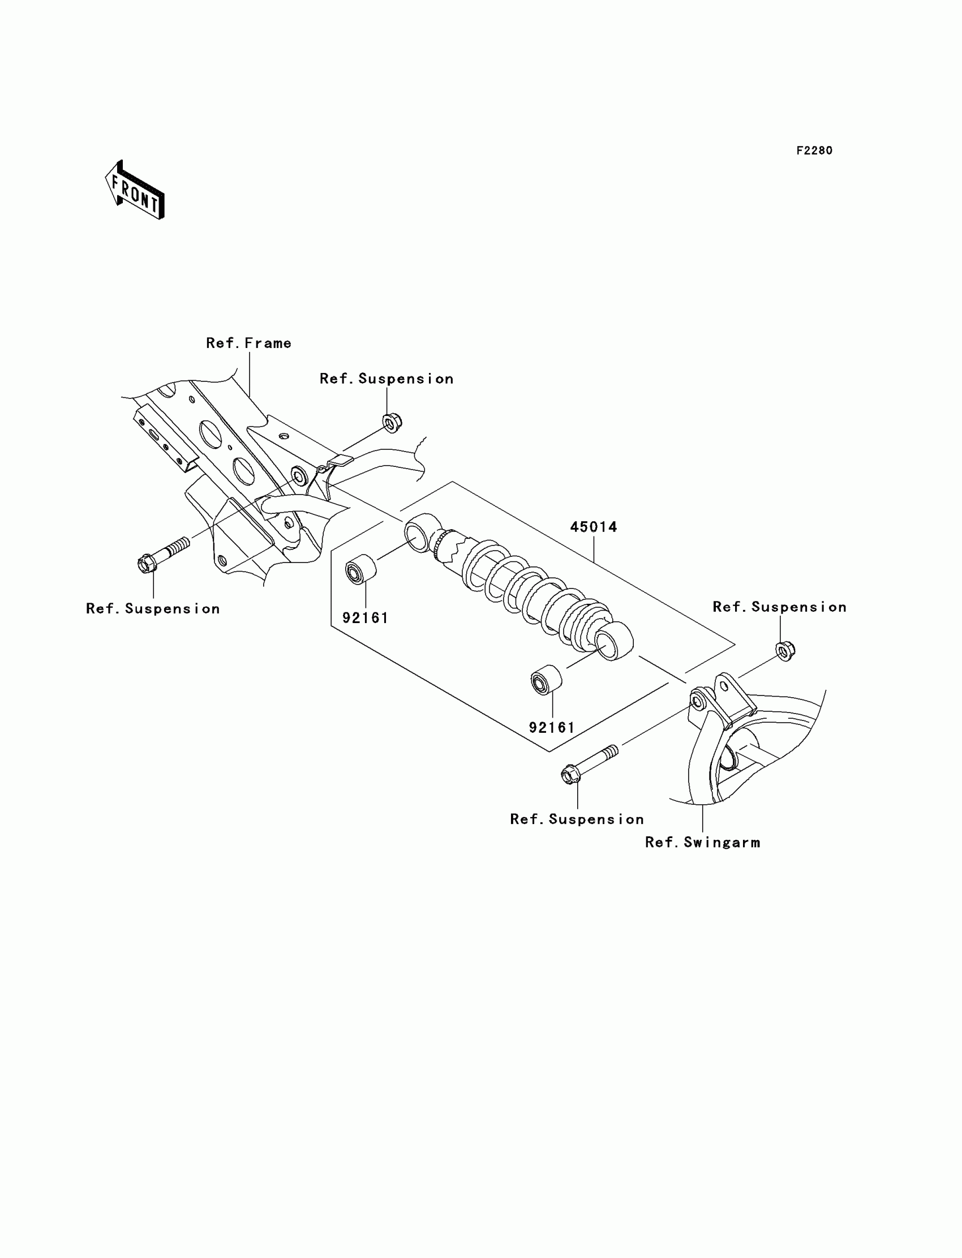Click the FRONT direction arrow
pos(135,191)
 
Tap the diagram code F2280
pos(814,151)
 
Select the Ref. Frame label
pos(248,343)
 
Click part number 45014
pos(593,527)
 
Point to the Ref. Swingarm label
pos(703,842)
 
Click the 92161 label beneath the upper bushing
pos(366,618)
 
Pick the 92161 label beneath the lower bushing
pos(551,727)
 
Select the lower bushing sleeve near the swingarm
pos(546,680)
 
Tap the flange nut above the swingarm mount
pos(785,651)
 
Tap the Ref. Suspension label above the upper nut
pos(386,379)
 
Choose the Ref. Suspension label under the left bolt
pos(153,609)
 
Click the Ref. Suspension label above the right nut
pos(779,607)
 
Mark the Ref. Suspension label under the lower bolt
pos(577,819)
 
